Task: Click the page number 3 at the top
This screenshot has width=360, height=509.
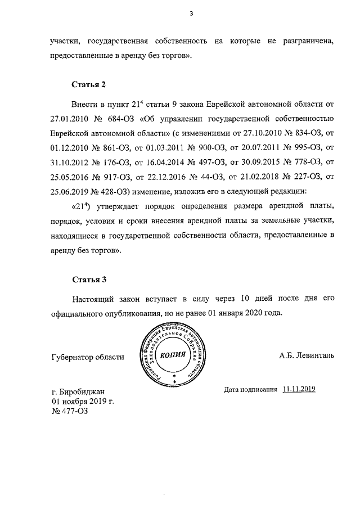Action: pyautogui.click(x=191, y=15)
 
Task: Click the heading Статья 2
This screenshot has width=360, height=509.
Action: pyautogui.click(x=89, y=85)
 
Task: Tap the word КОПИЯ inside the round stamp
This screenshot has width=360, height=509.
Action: pyautogui.click(x=174, y=355)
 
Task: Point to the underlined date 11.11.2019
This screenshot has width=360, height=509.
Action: pyautogui.click(x=299, y=389)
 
